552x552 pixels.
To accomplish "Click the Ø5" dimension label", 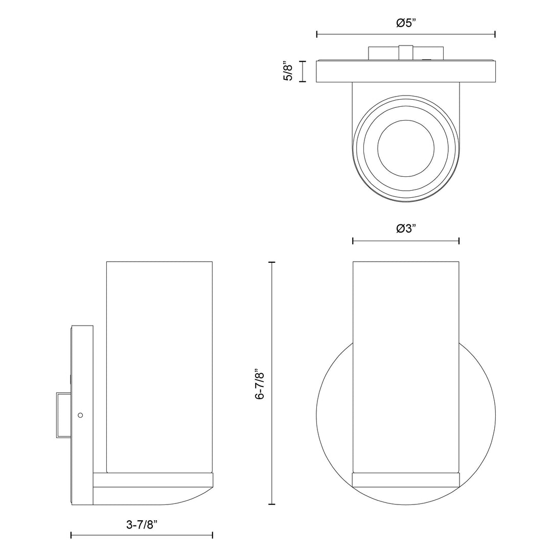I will click(406, 24).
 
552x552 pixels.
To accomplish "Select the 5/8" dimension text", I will click(288, 71).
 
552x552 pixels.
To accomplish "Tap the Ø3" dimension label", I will click(406, 228).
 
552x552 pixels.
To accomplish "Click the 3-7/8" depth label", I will click(142, 525).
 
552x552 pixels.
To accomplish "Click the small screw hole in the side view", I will click(80, 416).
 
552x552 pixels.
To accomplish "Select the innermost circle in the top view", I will click(406, 149).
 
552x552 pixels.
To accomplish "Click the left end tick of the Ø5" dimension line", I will click(317, 34).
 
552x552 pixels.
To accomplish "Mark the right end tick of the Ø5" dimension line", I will click(495, 34).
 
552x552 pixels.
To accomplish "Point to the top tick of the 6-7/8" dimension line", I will click(271, 262).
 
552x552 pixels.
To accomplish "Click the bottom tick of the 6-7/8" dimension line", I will click(271, 504).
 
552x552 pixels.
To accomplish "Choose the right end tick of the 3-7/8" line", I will click(212, 535).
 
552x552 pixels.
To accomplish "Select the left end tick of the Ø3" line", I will click(353, 241).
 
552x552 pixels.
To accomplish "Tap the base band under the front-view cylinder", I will click(406, 480).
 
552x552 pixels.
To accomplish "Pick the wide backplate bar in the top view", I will click(406, 72).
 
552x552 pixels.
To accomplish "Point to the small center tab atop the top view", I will click(406, 53).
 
